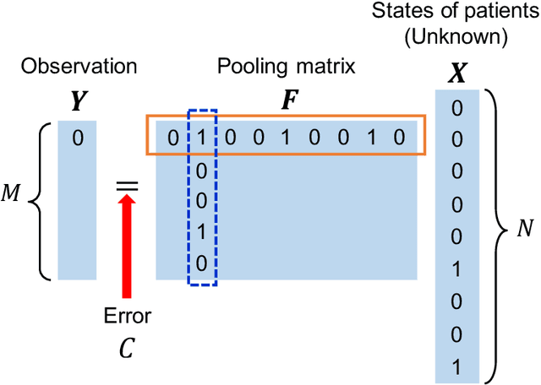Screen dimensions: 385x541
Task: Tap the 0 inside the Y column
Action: tap(77, 138)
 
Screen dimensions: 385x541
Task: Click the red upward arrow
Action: tap(127, 246)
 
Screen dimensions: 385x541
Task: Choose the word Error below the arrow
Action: tap(127, 317)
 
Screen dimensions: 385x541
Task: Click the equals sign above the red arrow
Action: tap(127, 185)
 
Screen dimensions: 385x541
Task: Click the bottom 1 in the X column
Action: tap(457, 366)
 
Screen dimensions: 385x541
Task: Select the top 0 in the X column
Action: tap(457, 108)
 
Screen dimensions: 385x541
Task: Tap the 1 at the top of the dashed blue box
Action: tap(201, 138)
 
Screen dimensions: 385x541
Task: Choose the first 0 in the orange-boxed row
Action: tap(172, 138)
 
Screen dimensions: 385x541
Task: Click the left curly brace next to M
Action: tap(40, 201)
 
